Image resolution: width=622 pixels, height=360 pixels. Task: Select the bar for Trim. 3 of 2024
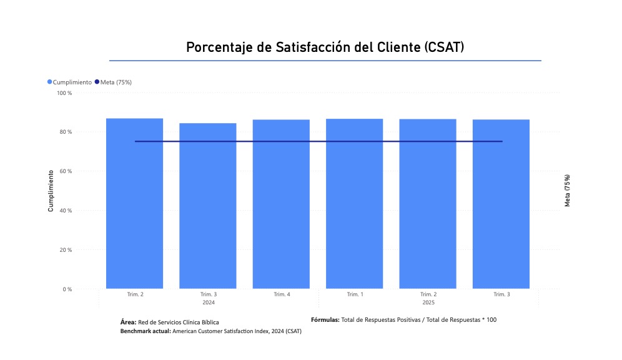pos(208,206)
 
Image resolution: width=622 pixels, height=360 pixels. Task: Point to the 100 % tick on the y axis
pos(65,93)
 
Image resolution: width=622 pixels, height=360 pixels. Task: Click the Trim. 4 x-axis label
pos(282,294)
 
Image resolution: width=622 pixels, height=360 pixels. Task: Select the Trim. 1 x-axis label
pos(354,294)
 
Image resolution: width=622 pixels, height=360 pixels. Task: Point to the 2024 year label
pos(209,302)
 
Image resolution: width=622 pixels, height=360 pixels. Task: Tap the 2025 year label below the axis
pos(428,302)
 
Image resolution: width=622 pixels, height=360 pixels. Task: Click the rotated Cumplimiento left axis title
pos(51,191)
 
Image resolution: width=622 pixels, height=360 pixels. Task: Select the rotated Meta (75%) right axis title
pos(567,191)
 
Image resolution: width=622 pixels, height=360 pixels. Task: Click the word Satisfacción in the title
pos(313,48)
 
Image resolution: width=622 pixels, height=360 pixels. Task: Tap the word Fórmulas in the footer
pos(325,320)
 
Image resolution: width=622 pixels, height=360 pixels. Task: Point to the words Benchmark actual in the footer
pos(145,331)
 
